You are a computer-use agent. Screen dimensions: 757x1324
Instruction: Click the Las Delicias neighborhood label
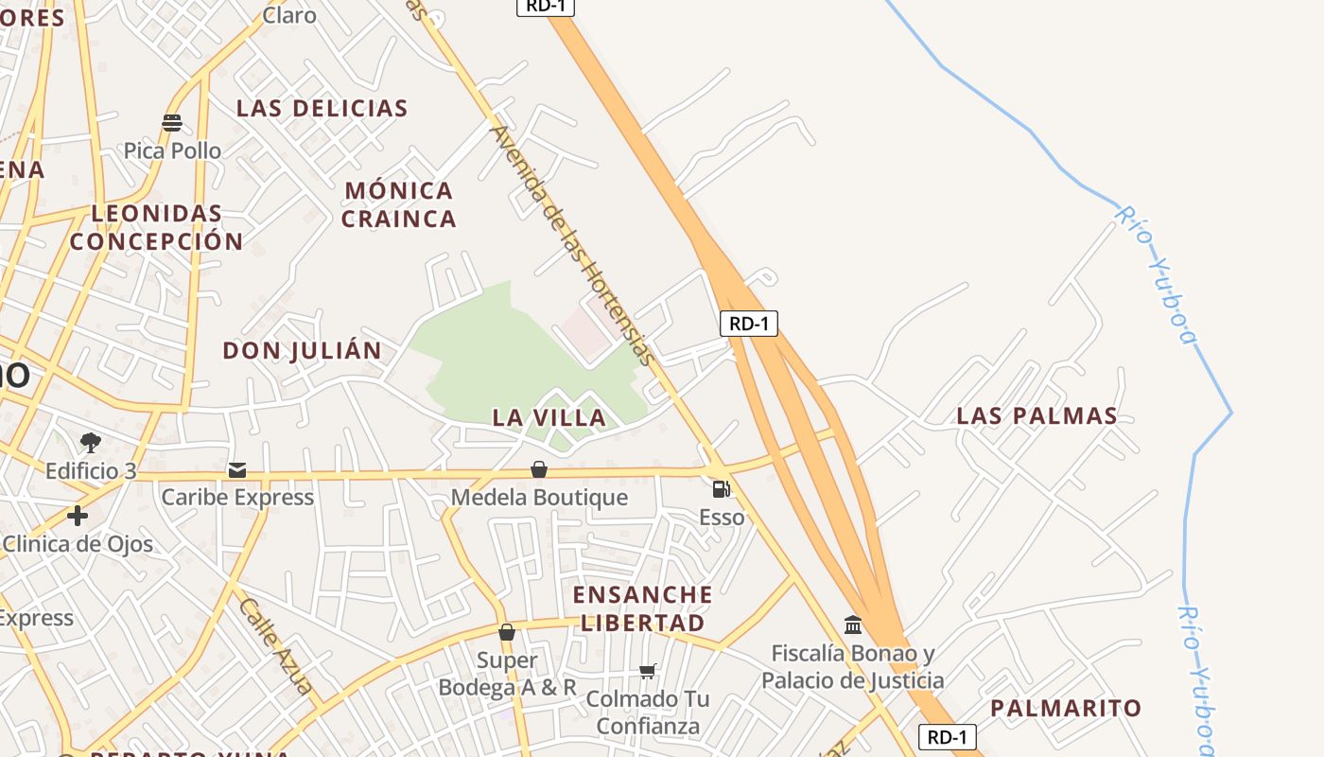(322, 108)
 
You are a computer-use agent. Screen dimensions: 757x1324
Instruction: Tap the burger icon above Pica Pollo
(172, 123)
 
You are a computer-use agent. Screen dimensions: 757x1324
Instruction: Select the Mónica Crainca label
(398, 204)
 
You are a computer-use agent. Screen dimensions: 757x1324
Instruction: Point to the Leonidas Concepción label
(157, 227)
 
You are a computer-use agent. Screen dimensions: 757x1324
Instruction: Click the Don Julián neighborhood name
(302, 351)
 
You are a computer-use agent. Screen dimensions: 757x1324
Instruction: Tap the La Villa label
(549, 417)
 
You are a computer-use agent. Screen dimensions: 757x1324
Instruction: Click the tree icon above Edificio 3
(91, 442)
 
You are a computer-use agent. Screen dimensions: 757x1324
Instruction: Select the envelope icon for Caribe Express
(236, 469)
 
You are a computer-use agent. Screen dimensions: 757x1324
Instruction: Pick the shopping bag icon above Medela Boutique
(539, 469)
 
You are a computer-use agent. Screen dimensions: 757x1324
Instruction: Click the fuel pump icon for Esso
(721, 489)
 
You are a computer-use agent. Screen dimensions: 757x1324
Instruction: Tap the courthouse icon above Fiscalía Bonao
(853, 625)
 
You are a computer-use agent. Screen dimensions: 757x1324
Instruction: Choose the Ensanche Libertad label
(643, 608)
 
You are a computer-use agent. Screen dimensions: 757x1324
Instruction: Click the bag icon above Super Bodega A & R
(507, 632)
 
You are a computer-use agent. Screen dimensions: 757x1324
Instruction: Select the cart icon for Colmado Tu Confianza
(648, 671)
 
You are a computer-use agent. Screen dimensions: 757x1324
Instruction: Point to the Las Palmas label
(1037, 415)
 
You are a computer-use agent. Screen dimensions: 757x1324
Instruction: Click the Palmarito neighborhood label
(1066, 708)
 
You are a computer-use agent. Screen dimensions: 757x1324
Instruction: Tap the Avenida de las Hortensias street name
(572, 245)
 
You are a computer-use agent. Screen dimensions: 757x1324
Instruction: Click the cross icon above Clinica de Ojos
(78, 516)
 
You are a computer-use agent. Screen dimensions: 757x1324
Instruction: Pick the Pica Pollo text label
(172, 150)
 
